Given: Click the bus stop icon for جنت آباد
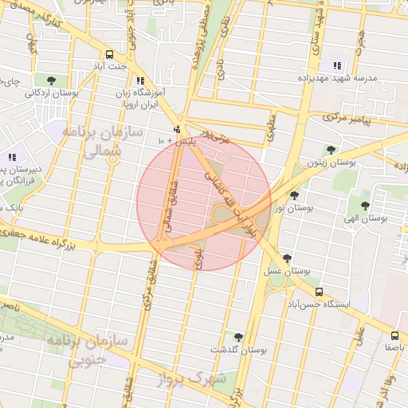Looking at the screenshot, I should [x=110, y=54].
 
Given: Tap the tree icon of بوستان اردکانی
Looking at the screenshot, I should [x=52, y=80].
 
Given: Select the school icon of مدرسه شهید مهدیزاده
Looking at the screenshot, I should [x=337, y=66].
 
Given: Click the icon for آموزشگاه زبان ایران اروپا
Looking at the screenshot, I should [x=140, y=80].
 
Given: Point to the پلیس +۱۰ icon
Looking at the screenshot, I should [x=176, y=129].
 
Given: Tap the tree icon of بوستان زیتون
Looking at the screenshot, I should [x=331, y=149].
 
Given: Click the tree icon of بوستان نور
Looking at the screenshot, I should [x=294, y=195].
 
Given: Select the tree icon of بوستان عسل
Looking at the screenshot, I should [x=287, y=258].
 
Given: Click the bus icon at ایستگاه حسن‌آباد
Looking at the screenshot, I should [x=320, y=292].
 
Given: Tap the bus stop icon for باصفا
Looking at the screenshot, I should [x=395, y=335].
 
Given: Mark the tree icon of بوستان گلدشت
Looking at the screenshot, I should [x=237, y=337].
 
